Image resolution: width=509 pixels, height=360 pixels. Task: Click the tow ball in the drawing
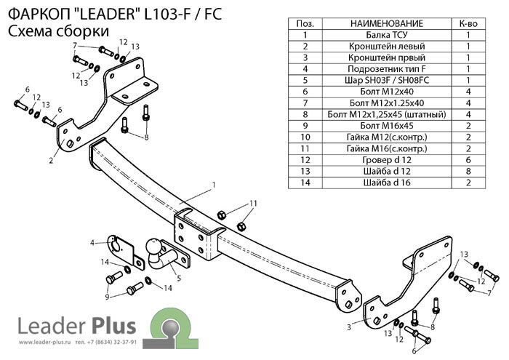coord(156,247)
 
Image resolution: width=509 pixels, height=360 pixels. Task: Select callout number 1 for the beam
coord(214,183)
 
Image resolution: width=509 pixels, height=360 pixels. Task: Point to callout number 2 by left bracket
coord(51,160)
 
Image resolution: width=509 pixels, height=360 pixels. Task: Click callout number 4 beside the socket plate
coord(93,242)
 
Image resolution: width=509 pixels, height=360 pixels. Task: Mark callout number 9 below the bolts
coord(108,297)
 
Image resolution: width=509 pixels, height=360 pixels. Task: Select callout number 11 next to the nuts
coord(253,202)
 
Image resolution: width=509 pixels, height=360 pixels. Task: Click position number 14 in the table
coord(305,183)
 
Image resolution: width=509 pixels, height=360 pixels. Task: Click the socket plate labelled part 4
coord(124,249)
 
